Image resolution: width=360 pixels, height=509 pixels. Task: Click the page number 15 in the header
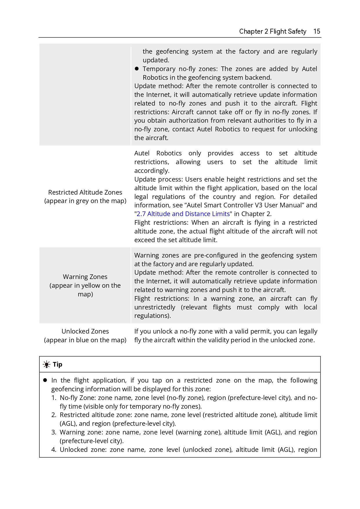click(317, 31)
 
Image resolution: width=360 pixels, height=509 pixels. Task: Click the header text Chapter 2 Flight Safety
click(272, 31)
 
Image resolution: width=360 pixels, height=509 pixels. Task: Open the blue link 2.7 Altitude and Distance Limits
click(183, 214)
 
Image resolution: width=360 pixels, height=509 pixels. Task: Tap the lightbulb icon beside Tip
click(46, 365)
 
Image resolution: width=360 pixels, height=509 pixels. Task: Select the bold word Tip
click(57, 365)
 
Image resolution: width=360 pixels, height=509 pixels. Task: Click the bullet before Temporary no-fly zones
click(137, 69)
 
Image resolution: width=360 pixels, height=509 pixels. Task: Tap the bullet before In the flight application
click(45, 380)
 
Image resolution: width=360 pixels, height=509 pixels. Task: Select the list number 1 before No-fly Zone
click(54, 398)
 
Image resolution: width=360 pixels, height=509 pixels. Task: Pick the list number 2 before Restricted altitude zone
click(54, 415)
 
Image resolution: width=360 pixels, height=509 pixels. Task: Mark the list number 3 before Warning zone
click(54, 432)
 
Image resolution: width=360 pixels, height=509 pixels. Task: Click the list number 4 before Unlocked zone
click(54, 450)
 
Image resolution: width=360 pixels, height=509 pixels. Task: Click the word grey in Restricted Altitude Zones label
click(82, 201)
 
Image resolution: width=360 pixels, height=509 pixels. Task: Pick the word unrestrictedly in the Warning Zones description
click(155, 307)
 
